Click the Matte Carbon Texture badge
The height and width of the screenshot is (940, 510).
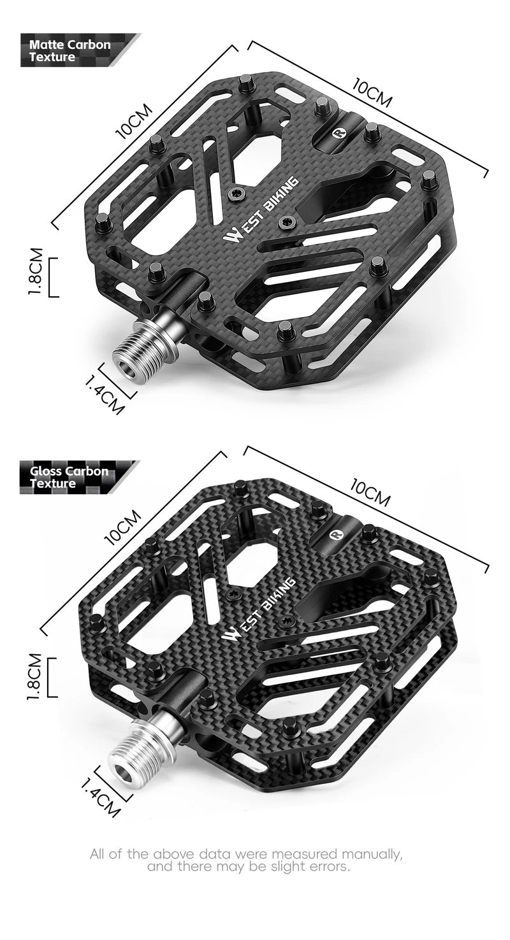click(80, 50)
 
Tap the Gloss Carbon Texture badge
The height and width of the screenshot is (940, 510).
click(79, 477)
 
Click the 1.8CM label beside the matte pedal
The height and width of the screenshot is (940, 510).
click(36, 271)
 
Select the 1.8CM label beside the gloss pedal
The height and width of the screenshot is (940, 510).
click(34, 677)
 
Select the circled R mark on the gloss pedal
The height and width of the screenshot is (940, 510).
click(335, 534)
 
